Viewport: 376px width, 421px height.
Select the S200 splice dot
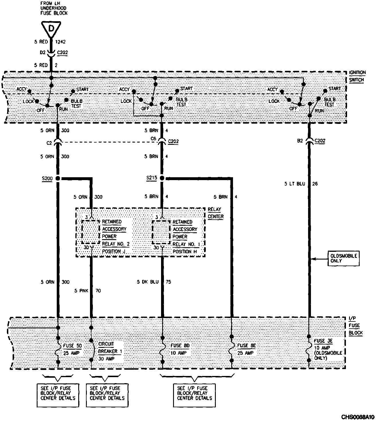[58, 178]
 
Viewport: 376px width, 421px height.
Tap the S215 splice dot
[162, 178]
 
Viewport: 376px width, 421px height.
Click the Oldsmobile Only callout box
[344, 258]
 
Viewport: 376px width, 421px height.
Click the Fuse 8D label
[180, 346]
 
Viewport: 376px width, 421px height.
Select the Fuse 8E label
[246, 346]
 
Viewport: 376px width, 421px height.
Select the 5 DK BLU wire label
[148, 282]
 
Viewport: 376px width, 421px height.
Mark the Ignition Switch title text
[357, 76]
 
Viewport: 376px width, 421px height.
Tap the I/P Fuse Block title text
[356, 326]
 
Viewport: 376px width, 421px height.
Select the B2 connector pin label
[300, 141]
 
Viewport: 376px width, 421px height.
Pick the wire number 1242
[60, 42]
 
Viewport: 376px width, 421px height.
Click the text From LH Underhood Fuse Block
[54, 9]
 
